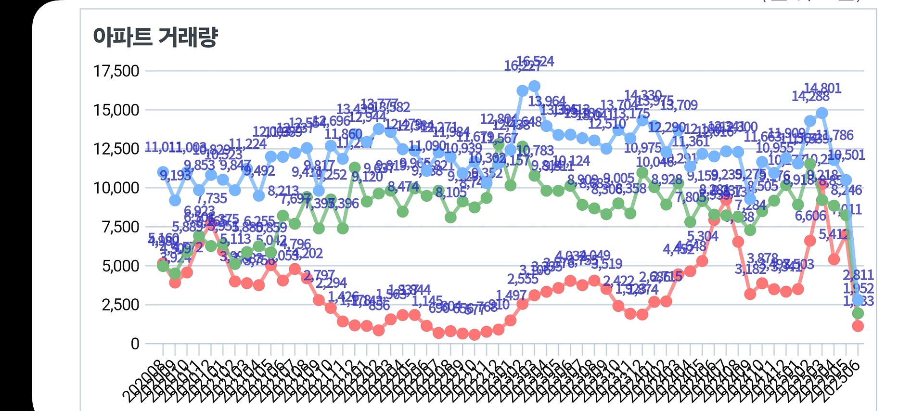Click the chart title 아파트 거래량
[x=155, y=37]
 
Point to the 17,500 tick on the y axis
[x=116, y=71]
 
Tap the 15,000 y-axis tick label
[x=116, y=110]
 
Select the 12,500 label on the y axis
[x=116, y=149]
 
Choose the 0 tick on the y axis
[x=135, y=344]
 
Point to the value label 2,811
[x=858, y=275]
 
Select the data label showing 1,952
[x=858, y=288]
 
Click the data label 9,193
[x=175, y=176]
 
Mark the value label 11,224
[x=247, y=144]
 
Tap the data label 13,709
[x=679, y=105]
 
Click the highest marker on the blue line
[x=534, y=86]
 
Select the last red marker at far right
[x=858, y=326]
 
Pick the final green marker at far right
[x=858, y=313]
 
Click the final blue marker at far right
[x=858, y=300]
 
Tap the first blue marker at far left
[x=163, y=172]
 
